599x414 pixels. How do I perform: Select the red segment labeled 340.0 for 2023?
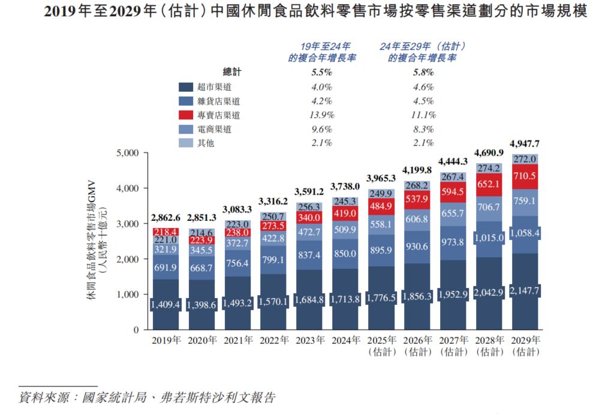(x=310, y=217)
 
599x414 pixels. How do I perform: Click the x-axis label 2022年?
(x=275, y=340)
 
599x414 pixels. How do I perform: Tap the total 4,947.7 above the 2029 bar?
(x=525, y=144)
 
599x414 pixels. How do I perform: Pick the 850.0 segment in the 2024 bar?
(x=346, y=254)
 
